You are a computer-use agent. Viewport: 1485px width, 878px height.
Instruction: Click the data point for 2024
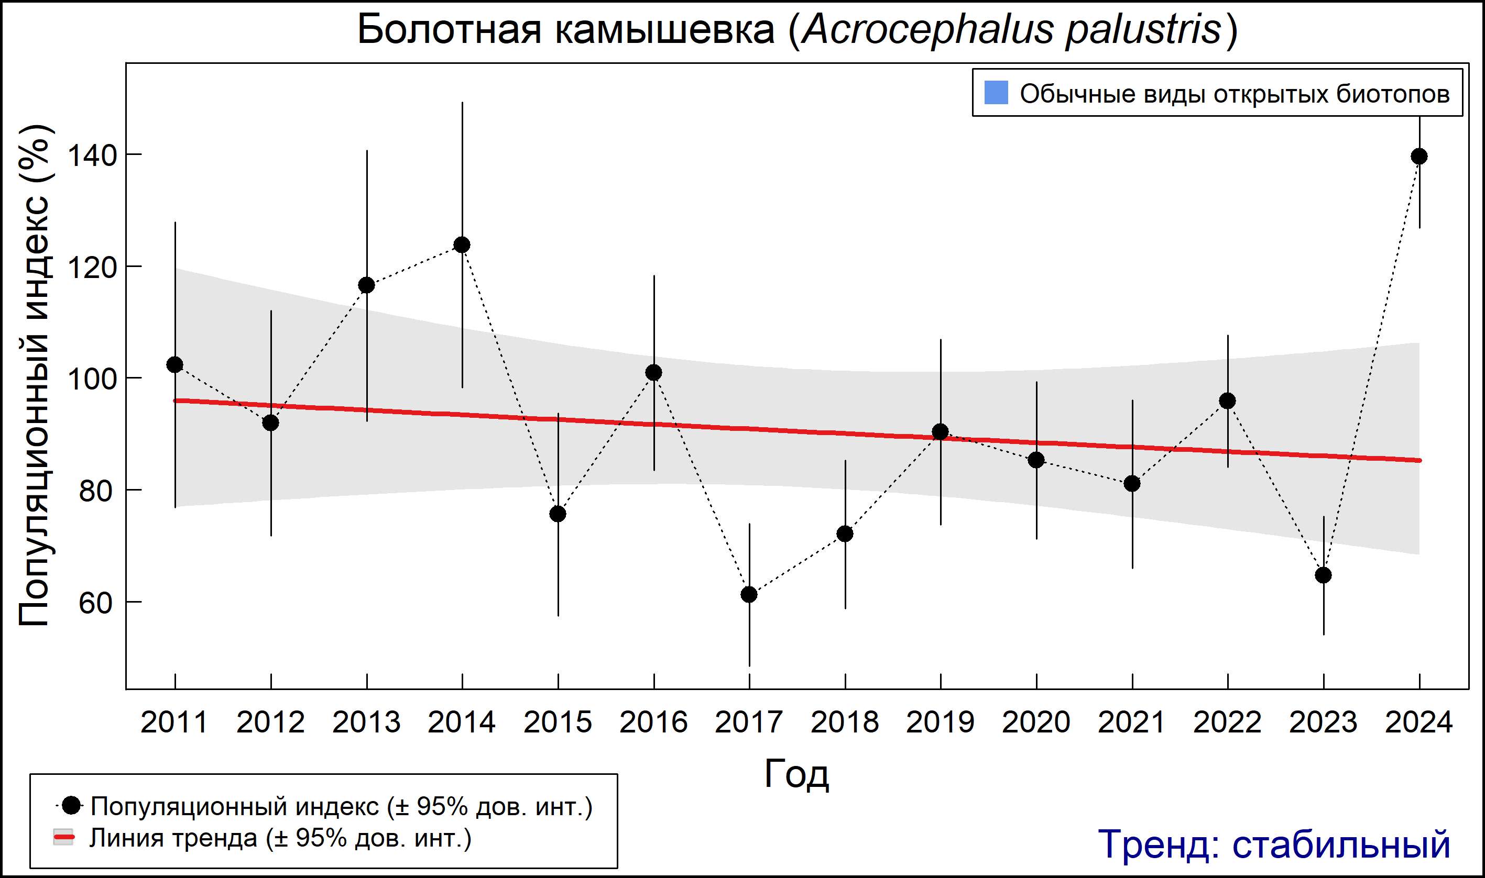click(1418, 156)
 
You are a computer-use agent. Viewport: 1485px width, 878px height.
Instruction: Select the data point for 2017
click(749, 594)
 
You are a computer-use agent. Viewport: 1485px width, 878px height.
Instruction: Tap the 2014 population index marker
click(462, 244)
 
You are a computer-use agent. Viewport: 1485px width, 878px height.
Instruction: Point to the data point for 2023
click(1324, 575)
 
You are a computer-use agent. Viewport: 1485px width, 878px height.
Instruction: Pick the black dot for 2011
click(174, 364)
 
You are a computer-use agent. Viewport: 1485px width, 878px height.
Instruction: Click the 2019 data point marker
click(940, 431)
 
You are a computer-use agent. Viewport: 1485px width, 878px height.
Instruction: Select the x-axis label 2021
click(1131, 723)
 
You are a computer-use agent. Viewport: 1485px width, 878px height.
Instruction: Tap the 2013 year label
click(366, 723)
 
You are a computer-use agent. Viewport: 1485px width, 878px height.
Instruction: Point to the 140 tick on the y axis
click(92, 155)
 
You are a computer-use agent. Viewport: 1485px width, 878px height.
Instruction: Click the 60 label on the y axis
click(95, 603)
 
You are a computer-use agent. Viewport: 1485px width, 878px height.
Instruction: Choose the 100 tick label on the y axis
click(92, 379)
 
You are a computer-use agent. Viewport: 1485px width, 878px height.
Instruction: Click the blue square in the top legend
click(996, 93)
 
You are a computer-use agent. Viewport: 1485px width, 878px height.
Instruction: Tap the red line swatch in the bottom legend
click(64, 837)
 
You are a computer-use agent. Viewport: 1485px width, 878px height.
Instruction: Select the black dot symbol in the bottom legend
click(72, 805)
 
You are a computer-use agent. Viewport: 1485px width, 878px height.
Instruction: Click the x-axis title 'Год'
click(796, 773)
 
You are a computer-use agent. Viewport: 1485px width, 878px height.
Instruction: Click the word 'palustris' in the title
click(1143, 30)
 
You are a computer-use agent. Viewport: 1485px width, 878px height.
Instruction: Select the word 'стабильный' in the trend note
click(1341, 844)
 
